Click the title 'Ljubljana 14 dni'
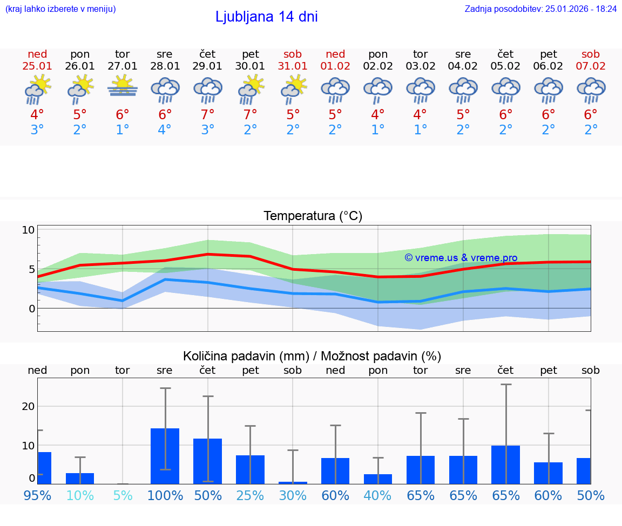[266, 17]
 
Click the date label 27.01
[123, 66]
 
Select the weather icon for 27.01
[123, 87]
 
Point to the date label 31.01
[293, 66]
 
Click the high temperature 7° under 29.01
[208, 115]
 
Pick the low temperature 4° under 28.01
[165, 130]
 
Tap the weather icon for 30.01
[251, 90]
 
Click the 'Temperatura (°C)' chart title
[313, 216]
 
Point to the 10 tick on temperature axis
[28, 230]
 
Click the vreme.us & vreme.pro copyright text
[461, 258]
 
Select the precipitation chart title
[312, 356]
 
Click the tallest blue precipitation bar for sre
[165, 456]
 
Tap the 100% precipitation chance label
[165, 495]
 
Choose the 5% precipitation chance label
[123, 495]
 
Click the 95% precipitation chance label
[37, 495]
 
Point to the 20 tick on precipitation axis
[28, 406]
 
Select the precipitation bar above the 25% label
[250, 469]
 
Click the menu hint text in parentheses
[60, 9]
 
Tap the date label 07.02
[591, 66]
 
